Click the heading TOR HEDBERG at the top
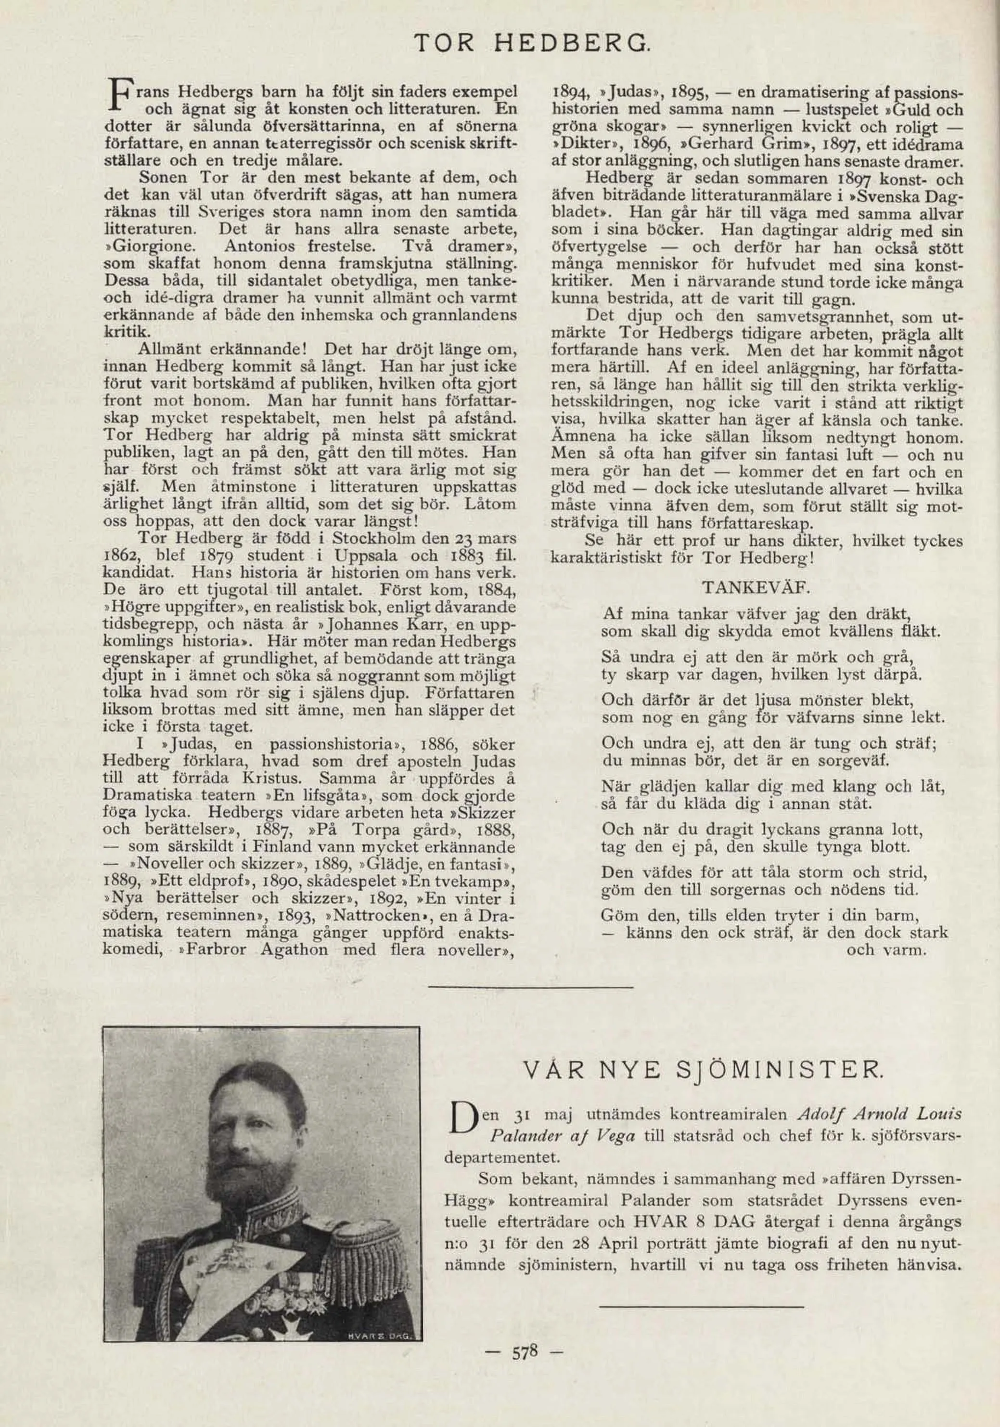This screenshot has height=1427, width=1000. point(532,43)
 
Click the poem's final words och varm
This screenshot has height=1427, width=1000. point(886,950)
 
